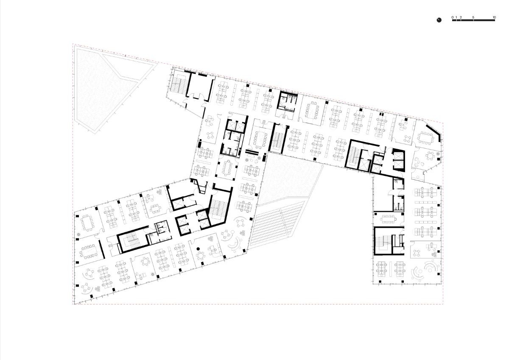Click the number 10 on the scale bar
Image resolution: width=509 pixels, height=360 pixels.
point(494,17)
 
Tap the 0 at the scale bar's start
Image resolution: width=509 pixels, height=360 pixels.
point(453,17)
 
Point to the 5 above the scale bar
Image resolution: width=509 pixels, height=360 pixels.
point(473,17)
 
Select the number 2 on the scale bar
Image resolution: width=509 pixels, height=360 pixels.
point(461,17)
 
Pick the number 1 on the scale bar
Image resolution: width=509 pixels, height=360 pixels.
point(456,17)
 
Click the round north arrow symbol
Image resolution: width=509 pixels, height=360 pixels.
point(439,20)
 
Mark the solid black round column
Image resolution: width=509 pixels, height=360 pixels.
point(198,249)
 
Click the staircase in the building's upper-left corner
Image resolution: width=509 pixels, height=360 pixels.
point(179,84)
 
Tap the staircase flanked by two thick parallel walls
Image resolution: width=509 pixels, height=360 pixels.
point(277,139)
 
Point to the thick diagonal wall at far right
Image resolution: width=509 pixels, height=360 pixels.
point(433,132)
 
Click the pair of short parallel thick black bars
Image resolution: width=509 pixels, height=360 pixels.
point(252,152)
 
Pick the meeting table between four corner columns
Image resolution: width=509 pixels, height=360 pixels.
point(227,167)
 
